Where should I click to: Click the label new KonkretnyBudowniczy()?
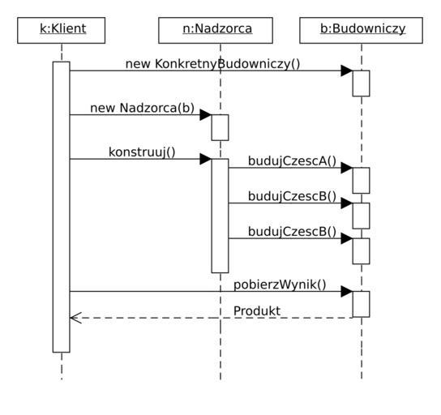click(x=212, y=64)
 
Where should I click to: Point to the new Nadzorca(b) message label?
click(x=143, y=108)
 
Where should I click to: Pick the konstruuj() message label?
click(x=142, y=152)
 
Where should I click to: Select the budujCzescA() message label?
click(x=292, y=161)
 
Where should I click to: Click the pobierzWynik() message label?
click(x=280, y=285)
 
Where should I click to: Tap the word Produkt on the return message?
click(x=257, y=311)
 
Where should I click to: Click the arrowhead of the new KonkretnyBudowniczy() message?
click(x=347, y=71)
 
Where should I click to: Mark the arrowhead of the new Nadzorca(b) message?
click(x=206, y=115)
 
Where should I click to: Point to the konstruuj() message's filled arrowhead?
click(x=206, y=159)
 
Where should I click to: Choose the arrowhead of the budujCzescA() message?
click(x=347, y=168)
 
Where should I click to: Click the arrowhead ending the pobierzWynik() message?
click(x=347, y=292)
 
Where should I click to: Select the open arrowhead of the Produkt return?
click(x=75, y=318)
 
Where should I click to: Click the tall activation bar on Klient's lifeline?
click(x=62, y=207)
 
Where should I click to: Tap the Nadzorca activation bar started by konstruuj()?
click(x=220, y=216)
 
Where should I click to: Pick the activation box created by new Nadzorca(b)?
click(x=220, y=127)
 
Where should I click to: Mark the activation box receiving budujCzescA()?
click(x=361, y=181)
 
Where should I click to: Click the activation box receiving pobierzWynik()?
click(x=361, y=304)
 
